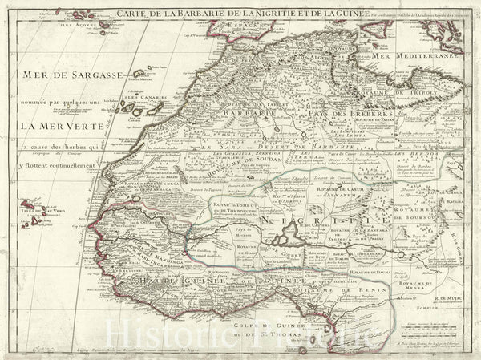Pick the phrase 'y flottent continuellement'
[x=63, y=165]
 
